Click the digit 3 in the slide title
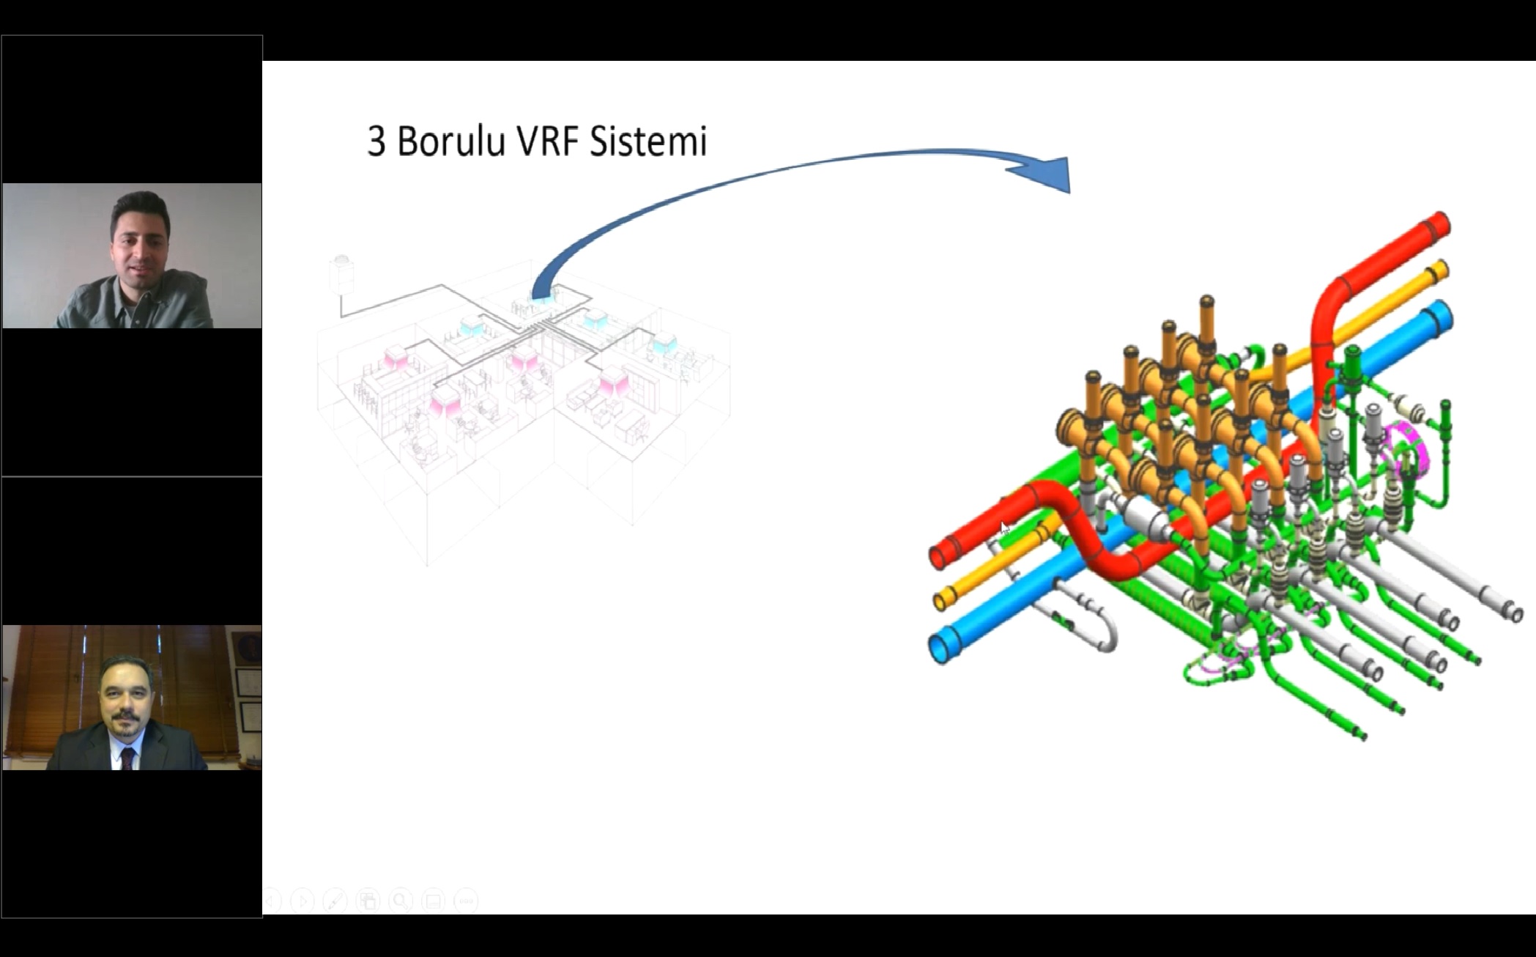coord(376,141)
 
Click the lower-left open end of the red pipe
coord(938,556)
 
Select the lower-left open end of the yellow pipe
coord(941,601)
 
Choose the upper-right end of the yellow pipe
coord(1439,270)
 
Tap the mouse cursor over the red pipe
coord(1004,528)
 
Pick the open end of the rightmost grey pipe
coord(1513,610)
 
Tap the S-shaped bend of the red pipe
coord(1077,528)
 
